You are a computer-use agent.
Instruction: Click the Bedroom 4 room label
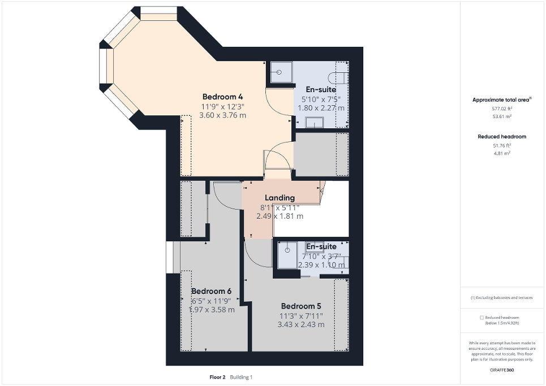(223, 96)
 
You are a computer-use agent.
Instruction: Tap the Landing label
(280, 198)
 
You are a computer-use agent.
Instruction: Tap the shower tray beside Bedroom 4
(280, 72)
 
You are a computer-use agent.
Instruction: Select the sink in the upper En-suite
(314, 122)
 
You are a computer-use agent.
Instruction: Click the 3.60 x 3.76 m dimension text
(223, 115)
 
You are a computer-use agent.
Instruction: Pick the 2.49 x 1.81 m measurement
(280, 216)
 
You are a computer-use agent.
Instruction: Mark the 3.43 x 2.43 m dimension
(300, 325)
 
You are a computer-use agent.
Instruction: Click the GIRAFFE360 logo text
(502, 370)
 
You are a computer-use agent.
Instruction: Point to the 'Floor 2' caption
(217, 377)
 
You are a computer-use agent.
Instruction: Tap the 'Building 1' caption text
(241, 377)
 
